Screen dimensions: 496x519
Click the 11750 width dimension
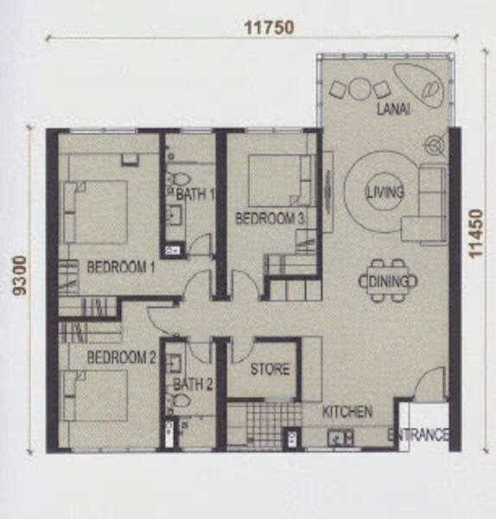tap(269, 28)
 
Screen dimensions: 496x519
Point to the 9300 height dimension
tap(20, 276)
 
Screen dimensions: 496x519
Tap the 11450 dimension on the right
tap(476, 233)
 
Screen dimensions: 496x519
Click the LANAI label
tap(393, 109)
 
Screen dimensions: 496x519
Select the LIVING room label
tap(385, 192)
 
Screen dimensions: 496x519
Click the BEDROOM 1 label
tap(121, 267)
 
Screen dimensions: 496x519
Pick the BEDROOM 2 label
tap(121, 357)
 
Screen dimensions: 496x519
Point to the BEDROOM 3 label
tap(270, 219)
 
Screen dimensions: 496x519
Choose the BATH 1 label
tap(195, 194)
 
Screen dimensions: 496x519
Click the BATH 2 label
tap(193, 384)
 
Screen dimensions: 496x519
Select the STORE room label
tap(270, 369)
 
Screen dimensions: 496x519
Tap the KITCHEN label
tap(347, 412)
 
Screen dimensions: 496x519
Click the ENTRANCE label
tap(417, 434)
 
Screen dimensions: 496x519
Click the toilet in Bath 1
tap(178, 179)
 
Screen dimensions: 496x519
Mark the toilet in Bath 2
tap(178, 400)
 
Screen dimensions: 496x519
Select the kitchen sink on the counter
tap(341, 437)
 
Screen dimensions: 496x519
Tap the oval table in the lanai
tap(419, 86)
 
